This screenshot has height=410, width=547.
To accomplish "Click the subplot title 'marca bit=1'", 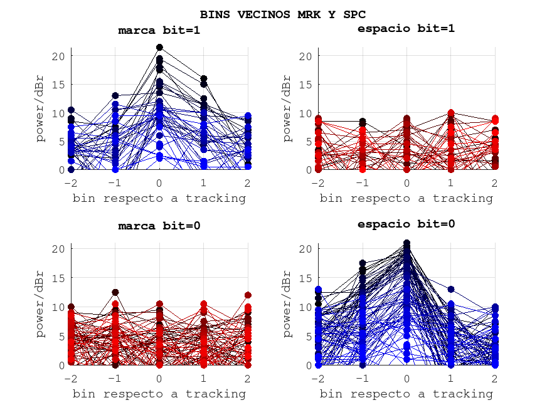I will [159, 30].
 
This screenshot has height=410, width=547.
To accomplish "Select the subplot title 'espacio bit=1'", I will [406, 28].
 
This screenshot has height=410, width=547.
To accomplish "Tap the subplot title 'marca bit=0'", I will [159, 226].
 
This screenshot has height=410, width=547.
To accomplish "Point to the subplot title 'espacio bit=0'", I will [406, 224].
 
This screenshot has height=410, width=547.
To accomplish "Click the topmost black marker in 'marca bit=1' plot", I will [159, 47].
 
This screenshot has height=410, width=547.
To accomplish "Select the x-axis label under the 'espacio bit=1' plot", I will [406, 198].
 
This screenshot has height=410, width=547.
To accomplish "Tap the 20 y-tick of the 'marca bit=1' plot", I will [58, 56].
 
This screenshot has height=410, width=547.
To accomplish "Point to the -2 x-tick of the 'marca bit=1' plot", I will [70, 182].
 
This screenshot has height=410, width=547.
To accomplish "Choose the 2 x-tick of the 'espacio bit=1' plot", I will [495, 182].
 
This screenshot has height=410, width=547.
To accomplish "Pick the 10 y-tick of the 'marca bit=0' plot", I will [58, 307].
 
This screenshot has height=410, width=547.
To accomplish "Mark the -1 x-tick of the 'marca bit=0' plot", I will [115, 378].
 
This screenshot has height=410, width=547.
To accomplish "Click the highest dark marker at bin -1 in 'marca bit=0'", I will [115, 292].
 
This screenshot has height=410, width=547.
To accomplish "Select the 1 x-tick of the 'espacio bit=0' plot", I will [451, 378].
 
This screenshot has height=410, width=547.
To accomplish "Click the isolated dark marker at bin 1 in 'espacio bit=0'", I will [451, 290].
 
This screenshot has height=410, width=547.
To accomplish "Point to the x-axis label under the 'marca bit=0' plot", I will [159, 394].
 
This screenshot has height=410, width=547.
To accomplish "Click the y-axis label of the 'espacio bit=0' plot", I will [287, 304].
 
